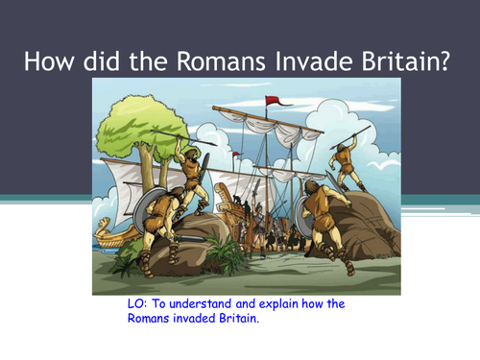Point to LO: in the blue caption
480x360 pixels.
128,304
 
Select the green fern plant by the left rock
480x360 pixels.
227,255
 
